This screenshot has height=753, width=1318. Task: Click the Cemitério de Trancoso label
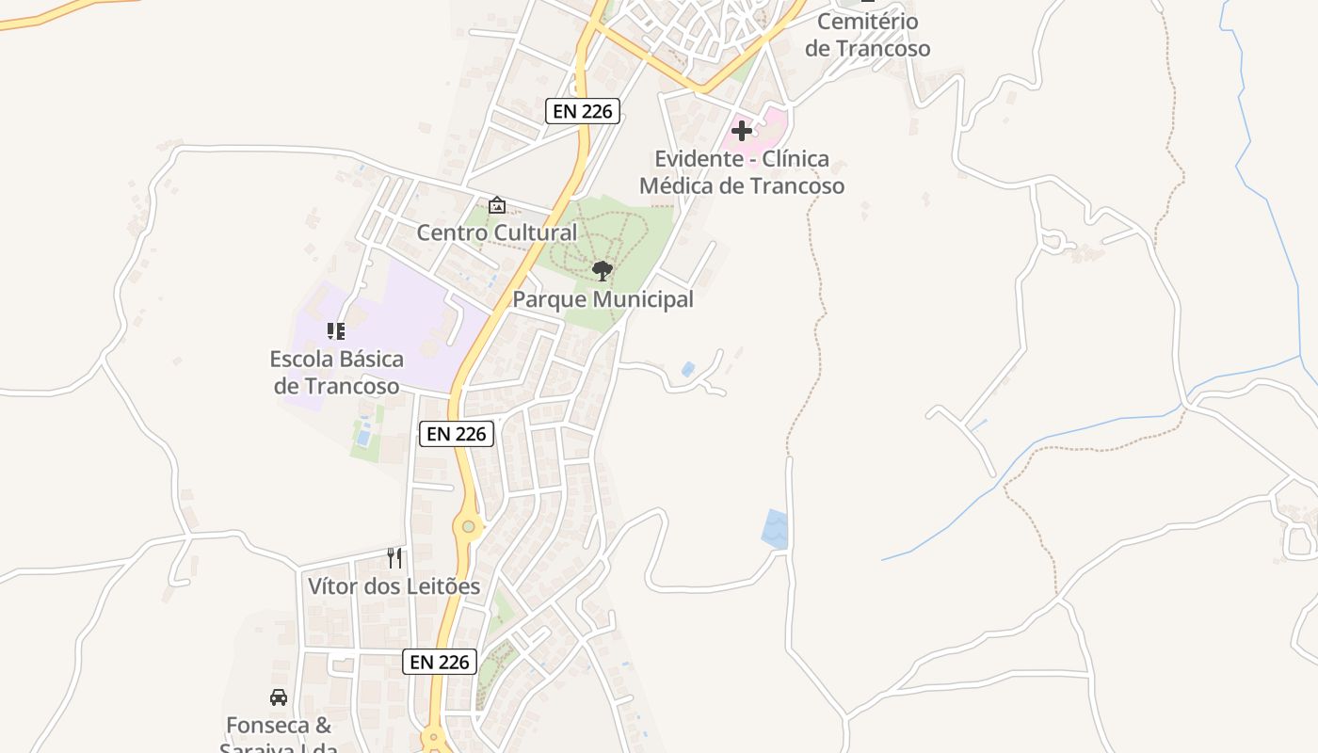tap(867, 35)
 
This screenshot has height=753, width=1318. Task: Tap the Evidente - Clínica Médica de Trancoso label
tap(742, 172)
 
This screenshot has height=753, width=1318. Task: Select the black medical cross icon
tap(742, 131)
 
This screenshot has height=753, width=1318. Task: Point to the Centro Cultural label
tap(497, 232)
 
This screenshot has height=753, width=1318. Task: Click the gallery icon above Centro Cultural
tap(496, 205)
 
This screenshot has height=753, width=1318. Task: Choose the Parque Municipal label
tap(603, 299)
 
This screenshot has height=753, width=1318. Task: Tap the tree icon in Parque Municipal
tap(603, 271)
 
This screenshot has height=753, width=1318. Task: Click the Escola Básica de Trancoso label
tap(336, 372)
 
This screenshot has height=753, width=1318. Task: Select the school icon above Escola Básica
tap(336, 331)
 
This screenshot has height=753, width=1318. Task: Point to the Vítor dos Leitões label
tap(394, 586)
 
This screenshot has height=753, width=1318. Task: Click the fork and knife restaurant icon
tap(394, 558)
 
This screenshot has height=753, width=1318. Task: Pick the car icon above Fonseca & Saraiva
tap(279, 697)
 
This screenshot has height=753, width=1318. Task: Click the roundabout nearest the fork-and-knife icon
tap(468, 527)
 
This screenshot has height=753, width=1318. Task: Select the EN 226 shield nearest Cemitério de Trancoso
tap(583, 111)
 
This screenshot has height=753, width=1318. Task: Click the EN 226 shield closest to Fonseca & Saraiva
tap(440, 662)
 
